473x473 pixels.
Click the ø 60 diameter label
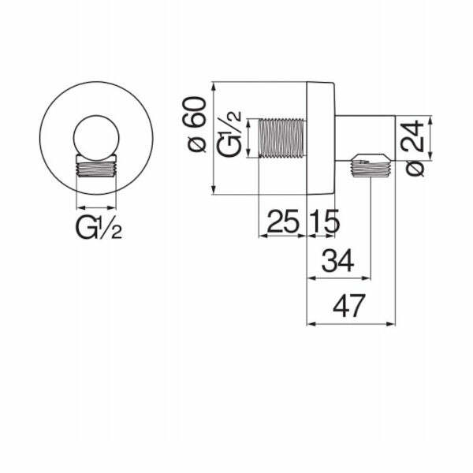196,124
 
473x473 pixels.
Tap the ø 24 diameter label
414,148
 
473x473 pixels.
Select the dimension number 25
283,221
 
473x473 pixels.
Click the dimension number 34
338,261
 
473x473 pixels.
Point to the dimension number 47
349,306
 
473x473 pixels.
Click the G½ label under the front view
99,228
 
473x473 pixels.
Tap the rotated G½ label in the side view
230,134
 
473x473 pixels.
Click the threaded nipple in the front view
96,166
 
